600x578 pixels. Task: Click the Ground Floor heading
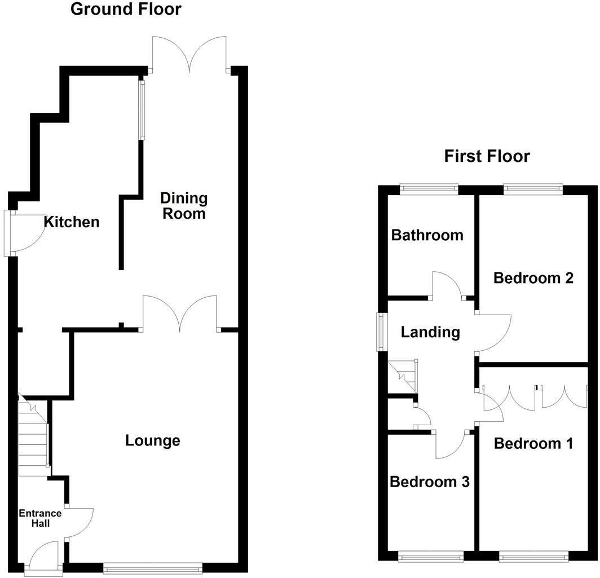(x=126, y=10)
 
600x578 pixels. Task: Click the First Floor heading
(x=487, y=156)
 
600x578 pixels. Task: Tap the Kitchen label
(x=72, y=222)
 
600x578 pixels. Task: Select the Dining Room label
(x=184, y=206)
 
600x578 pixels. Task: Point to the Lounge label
(x=153, y=440)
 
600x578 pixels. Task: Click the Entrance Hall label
(x=40, y=518)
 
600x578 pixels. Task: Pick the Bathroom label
(x=427, y=235)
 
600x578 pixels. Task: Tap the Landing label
(x=430, y=332)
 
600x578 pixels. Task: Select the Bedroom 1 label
(x=533, y=444)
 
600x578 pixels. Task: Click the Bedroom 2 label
(x=533, y=278)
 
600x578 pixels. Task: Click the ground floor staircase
(x=32, y=437)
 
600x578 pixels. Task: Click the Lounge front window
(x=153, y=568)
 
